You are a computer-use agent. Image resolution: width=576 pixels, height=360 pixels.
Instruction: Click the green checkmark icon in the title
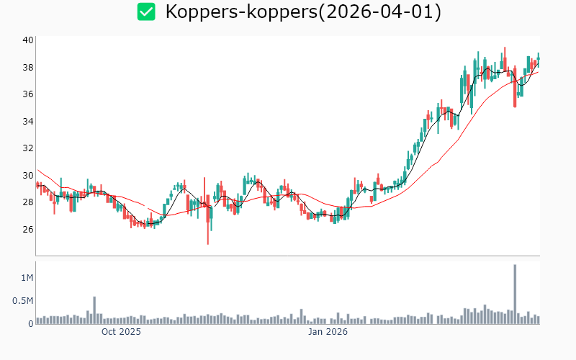click(147, 12)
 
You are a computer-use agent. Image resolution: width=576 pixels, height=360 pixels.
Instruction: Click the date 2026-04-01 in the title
click(389, 12)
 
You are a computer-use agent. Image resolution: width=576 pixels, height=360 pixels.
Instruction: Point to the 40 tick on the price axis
click(27, 40)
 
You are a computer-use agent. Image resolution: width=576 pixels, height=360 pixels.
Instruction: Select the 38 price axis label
click(27, 68)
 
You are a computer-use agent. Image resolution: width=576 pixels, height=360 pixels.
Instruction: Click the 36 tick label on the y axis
click(27, 94)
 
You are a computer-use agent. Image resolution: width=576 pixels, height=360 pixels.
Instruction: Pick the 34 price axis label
click(27, 121)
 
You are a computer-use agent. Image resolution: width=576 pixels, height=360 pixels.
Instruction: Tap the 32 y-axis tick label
click(27, 148)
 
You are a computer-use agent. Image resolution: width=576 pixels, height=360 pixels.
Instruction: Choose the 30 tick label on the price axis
click(27, 175)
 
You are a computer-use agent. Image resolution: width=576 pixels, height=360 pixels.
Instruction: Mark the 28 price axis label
click(27, 202)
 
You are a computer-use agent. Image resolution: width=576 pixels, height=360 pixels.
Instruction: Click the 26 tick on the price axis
click(27, 229)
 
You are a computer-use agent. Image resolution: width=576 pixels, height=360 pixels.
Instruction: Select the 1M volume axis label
click(26, 277)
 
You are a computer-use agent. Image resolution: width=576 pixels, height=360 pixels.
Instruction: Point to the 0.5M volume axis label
click(22, 300)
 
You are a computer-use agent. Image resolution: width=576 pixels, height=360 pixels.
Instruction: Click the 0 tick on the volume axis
click(30, 323)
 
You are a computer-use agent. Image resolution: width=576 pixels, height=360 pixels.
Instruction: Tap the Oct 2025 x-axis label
click(121, 332)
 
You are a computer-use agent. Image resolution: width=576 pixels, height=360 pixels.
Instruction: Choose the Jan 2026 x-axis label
click(328, 332)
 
